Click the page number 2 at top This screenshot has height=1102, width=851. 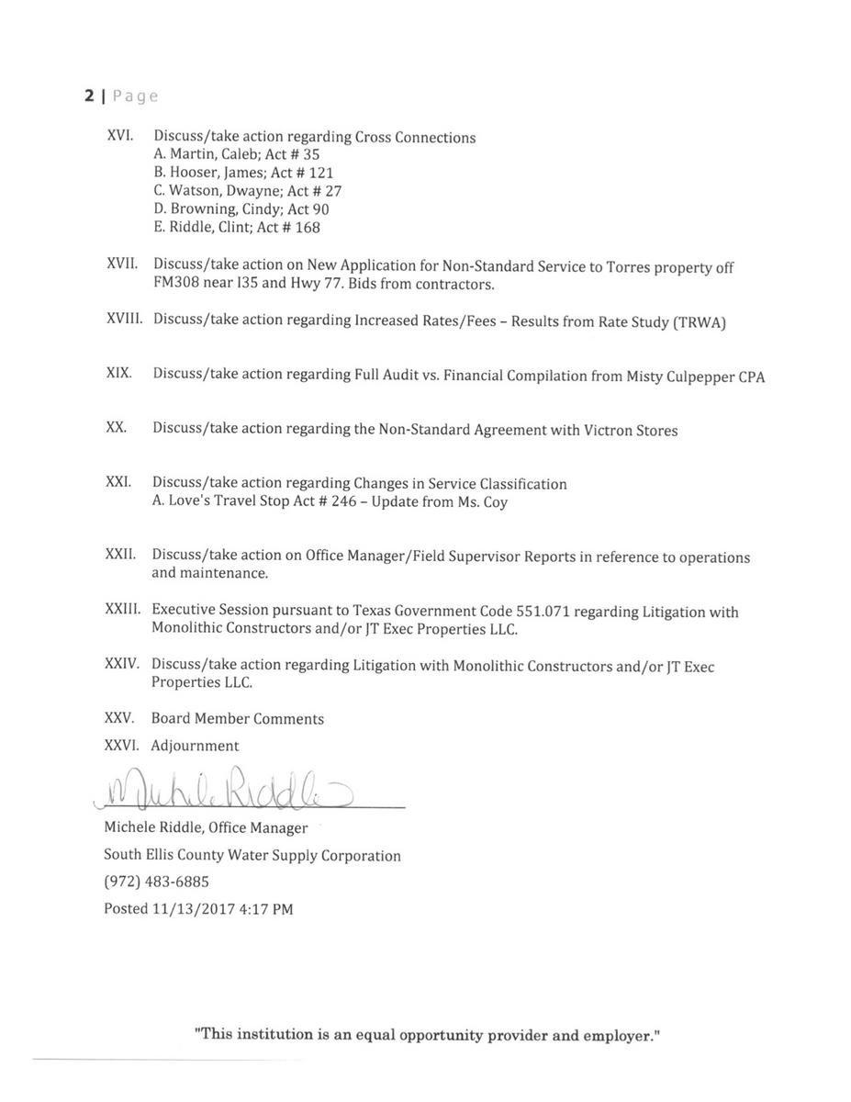click(89, 96)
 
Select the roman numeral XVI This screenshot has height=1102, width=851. click(120, 135)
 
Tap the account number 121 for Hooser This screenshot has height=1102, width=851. click(321, 173)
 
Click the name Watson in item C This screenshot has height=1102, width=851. click(194, 191)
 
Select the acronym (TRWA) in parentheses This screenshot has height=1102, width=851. click(700, 322)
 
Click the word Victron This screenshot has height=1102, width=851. click(608, 430)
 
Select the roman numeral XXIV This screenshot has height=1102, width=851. click(122, 663)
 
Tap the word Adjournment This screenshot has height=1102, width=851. click(195, 746)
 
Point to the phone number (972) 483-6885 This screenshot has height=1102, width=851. click(156, 882)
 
